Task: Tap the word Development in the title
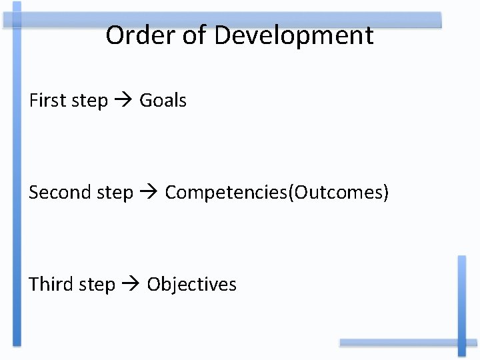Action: click(294, 36)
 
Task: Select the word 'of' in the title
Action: click(195, 35)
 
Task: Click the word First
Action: click(48, 101)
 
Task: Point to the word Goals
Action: click(163, 101)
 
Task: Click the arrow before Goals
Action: click(123, 101)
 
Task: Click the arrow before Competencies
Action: click(149, 193)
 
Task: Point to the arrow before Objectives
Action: click(131, 285)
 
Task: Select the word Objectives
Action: click(192, 284)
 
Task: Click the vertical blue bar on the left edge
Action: click(17, 180)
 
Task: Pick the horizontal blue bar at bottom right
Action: click(400, 343)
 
